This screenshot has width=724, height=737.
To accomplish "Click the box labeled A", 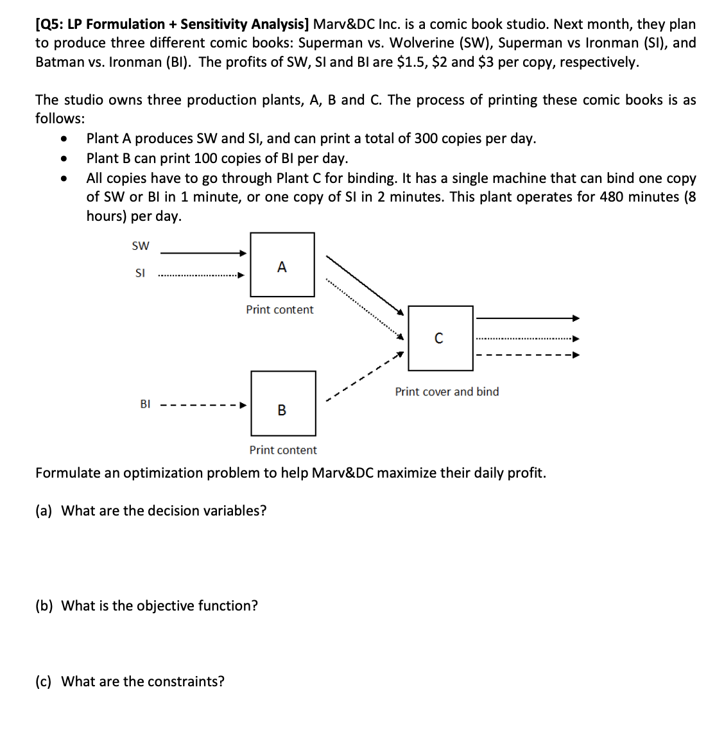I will [282, 264].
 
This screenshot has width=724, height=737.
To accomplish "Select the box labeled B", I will [283, 403].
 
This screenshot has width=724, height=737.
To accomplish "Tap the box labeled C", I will [440, 338].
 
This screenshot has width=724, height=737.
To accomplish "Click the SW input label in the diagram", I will [140, 246].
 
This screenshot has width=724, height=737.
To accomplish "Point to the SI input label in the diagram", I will [140, 273].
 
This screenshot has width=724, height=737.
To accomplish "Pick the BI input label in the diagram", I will [145, 404].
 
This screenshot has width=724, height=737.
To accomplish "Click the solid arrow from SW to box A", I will [203, 253].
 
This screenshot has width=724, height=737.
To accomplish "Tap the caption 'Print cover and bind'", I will [447, 392].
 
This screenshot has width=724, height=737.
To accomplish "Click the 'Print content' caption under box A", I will [280, 309].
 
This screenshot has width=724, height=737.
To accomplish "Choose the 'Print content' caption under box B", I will [283, 450].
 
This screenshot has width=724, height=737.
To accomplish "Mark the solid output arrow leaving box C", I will [528, 318].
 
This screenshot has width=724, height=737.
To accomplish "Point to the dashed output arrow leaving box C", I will [528, 355].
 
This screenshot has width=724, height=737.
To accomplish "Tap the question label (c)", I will [44, 682].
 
